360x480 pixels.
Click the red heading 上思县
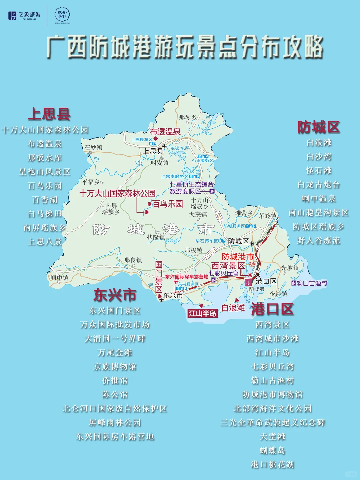point(49,114)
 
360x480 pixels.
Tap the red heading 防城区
point(318,127)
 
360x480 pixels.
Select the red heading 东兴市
point(115,295)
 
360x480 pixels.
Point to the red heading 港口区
point(272,309)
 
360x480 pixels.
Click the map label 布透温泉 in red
point(165,131)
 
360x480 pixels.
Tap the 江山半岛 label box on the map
point(202,313)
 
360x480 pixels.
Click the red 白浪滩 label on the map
point(233,308)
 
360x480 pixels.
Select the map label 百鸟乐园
point(168,204)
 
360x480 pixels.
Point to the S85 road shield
point(219,217)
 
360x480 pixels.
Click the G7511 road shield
point(210,254)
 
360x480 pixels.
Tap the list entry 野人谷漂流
point(318,241)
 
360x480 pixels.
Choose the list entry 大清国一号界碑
point(115,339)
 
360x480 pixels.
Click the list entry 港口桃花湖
point(272,464)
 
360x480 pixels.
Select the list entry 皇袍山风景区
point(45,172)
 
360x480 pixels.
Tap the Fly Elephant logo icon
point(12,15)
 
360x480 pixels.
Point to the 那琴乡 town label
point(188,117)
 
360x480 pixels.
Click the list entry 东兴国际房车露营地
point(115,436)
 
